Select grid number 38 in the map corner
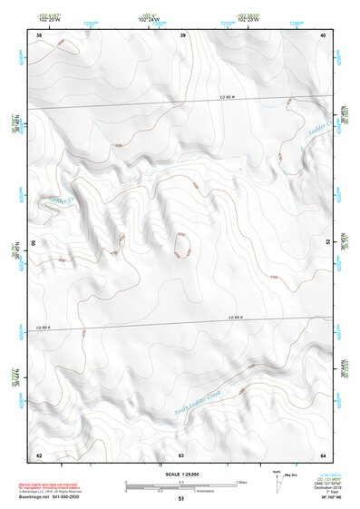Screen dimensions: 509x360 [x=38, y=34]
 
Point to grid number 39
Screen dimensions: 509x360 [x=182, y=34]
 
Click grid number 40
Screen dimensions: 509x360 [x=324, y=34]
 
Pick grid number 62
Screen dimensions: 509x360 [x=38, y=455]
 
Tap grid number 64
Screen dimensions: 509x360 [x=323, y=455]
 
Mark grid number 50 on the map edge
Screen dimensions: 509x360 [x=34, y=243]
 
